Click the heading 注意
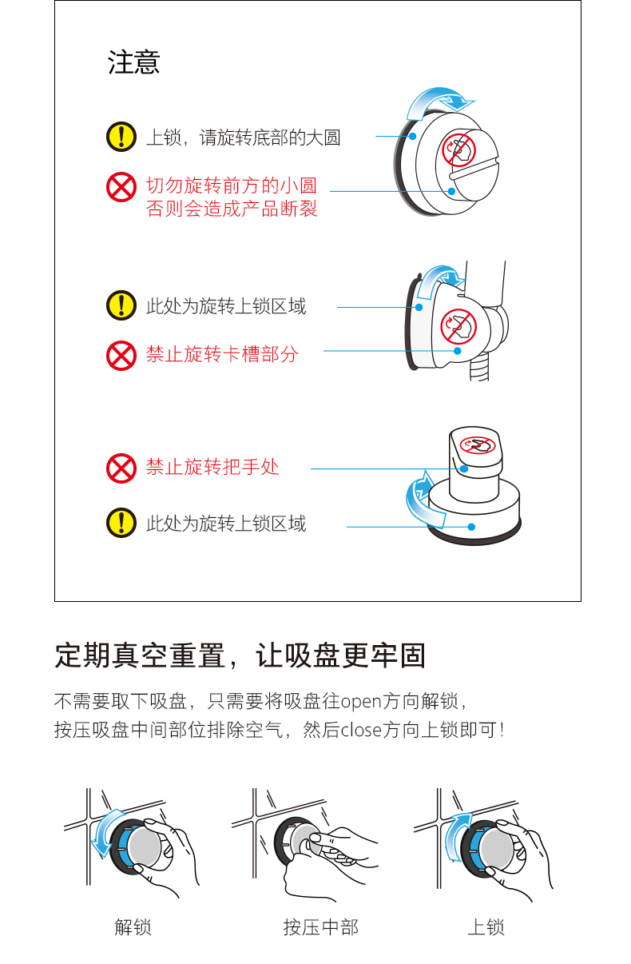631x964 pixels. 133,62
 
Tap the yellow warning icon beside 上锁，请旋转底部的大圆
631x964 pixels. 121,137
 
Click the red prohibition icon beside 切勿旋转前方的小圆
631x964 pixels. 121,187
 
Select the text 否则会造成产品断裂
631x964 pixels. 232,209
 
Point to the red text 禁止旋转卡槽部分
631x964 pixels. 222,354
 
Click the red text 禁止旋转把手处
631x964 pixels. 212,467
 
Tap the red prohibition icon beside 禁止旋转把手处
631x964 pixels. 121,468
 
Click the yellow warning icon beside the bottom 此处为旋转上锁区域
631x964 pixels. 121,524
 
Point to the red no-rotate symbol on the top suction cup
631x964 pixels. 458,149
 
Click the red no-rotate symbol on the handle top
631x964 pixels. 477,444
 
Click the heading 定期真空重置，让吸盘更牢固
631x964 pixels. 240,655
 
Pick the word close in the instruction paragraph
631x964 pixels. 361,730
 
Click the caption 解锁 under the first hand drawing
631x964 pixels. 133,927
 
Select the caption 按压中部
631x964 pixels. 320,927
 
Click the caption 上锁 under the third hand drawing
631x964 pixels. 486,927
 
